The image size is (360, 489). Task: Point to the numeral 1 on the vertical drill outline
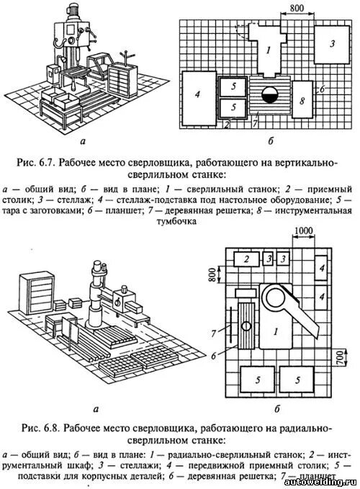(266, 50)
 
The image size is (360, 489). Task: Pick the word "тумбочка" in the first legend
(179, 223)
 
